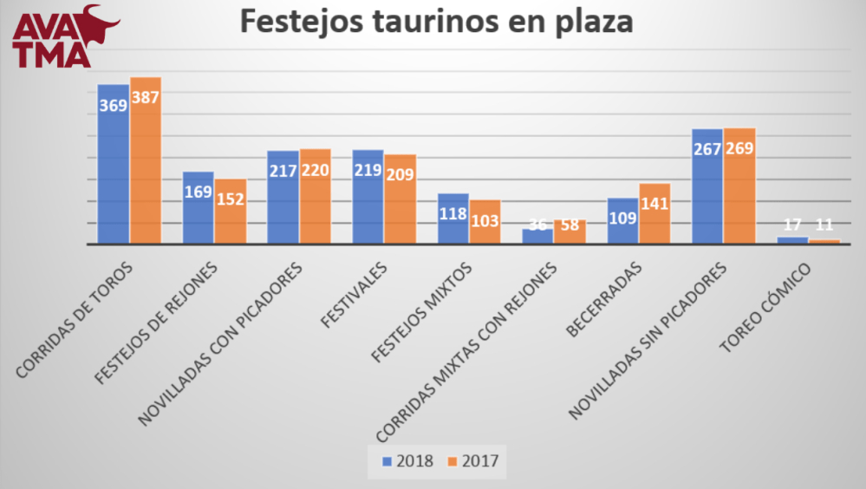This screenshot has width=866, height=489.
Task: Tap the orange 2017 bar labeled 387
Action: [146, 160]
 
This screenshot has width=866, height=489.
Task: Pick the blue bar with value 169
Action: [198, 208]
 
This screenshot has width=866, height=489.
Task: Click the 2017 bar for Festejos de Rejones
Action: [231, 212]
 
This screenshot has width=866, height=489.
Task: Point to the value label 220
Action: [316, 170]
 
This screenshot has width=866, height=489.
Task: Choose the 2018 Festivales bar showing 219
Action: [368, 197]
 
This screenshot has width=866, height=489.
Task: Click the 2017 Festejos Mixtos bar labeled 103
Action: [485, 222]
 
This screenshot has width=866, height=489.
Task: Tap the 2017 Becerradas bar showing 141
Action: [654, 213]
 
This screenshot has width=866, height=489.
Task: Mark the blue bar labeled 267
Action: [707, 186]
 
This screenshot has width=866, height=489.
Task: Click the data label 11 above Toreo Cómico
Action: [825, 225]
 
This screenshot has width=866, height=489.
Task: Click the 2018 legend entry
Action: [408, 460]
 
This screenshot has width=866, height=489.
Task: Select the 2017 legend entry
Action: [473, 460]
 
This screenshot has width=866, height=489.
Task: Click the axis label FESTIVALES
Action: [356, 295]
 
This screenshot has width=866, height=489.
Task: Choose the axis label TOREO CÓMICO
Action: [766, 307]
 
